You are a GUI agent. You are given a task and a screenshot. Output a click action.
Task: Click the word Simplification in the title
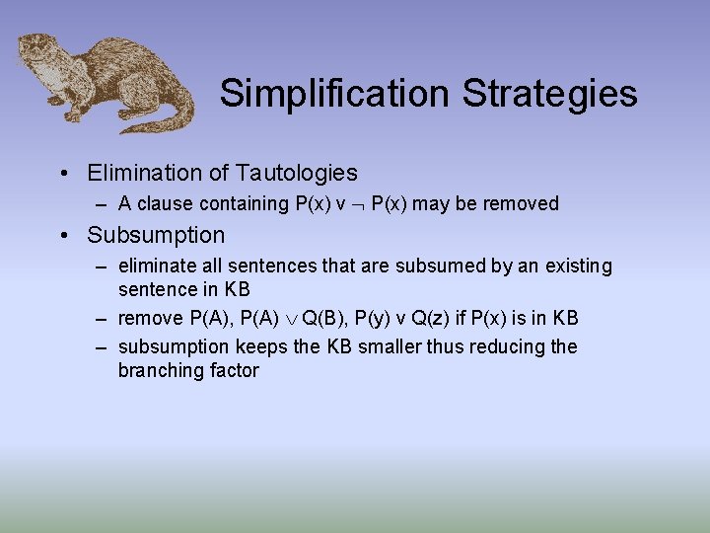(x=334, y=94)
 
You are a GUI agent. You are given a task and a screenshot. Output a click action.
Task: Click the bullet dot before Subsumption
(x=63, y=235)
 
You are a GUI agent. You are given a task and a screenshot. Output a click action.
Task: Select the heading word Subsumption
(x=156, y=235)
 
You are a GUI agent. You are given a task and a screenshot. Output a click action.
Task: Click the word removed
(x=523, y=204)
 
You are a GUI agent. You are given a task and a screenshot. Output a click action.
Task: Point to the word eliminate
(x=155, y=266)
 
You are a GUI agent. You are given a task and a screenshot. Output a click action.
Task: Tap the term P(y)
(x=374, y=318)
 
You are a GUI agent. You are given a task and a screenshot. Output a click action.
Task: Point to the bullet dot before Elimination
(x=63, y=173)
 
